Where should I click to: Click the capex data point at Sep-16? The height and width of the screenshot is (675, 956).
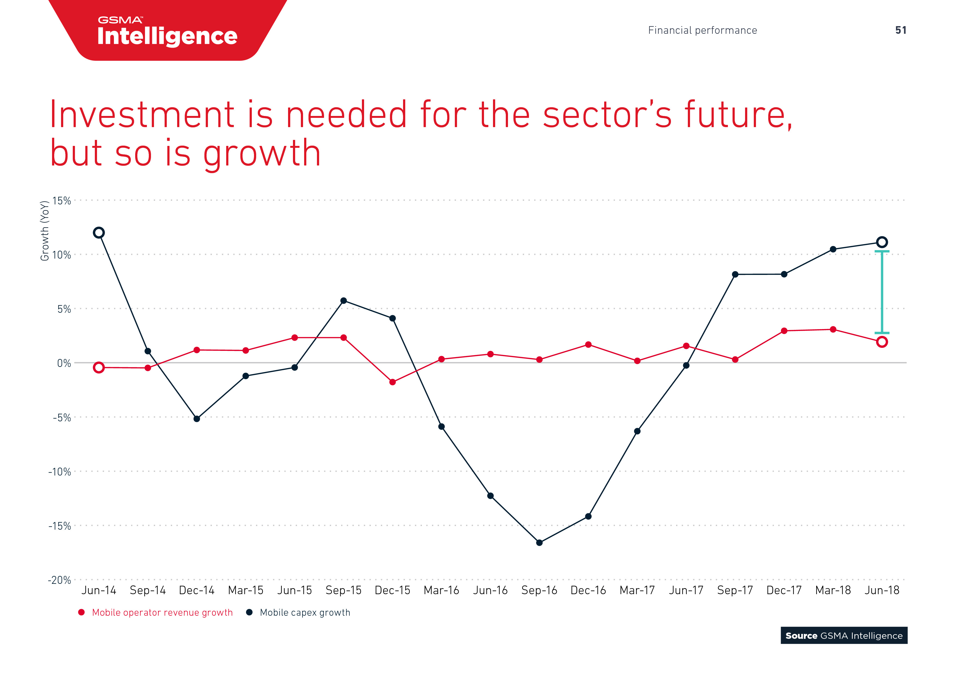coord(539,543)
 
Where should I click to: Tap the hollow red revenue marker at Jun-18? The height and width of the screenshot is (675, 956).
coord(882,342)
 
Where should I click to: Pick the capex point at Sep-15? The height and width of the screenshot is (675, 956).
coord(343,301)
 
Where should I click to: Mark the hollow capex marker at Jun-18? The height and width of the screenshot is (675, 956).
coord(882,242)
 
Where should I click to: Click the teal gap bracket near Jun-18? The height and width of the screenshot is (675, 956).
coord(882,292)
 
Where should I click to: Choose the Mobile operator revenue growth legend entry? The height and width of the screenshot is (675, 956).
coord(156,613)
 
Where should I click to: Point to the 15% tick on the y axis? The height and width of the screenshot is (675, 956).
coord(62,201)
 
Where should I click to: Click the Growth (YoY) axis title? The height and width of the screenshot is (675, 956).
coord(44,231)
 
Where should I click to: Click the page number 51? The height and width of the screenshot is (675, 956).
coord(901,30)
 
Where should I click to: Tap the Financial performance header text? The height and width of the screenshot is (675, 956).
coord(703,30)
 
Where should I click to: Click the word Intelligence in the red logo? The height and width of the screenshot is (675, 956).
coord(167,36)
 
